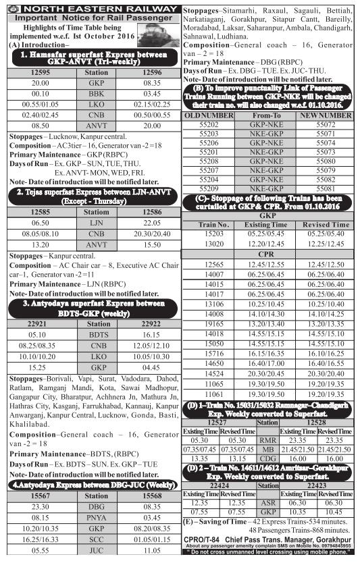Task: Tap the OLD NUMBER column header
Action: (208, 116)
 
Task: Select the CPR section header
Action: (270, 252)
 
